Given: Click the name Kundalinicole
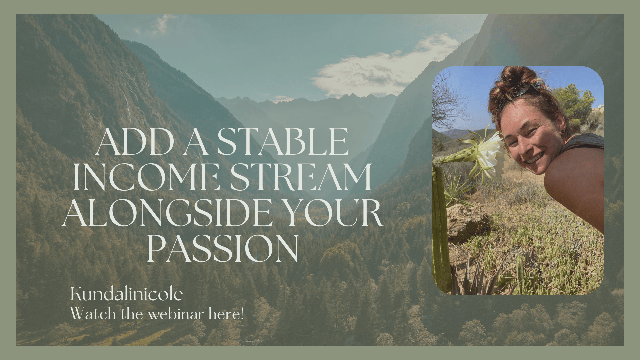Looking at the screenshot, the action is tap(127, 294).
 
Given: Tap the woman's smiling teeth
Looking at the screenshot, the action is tap(534, 158).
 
